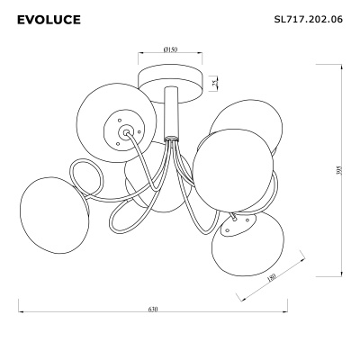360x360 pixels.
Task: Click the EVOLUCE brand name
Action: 49,20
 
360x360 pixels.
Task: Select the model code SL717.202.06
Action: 309,20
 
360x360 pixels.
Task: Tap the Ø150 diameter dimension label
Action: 170,49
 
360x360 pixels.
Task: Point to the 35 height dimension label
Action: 214,83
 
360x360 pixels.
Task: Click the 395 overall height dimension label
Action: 339,170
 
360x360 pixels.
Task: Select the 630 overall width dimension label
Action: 153,309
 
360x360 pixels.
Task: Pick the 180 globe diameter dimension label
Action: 271,278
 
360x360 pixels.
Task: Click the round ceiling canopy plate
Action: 170,84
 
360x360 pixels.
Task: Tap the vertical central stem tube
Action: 171,112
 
